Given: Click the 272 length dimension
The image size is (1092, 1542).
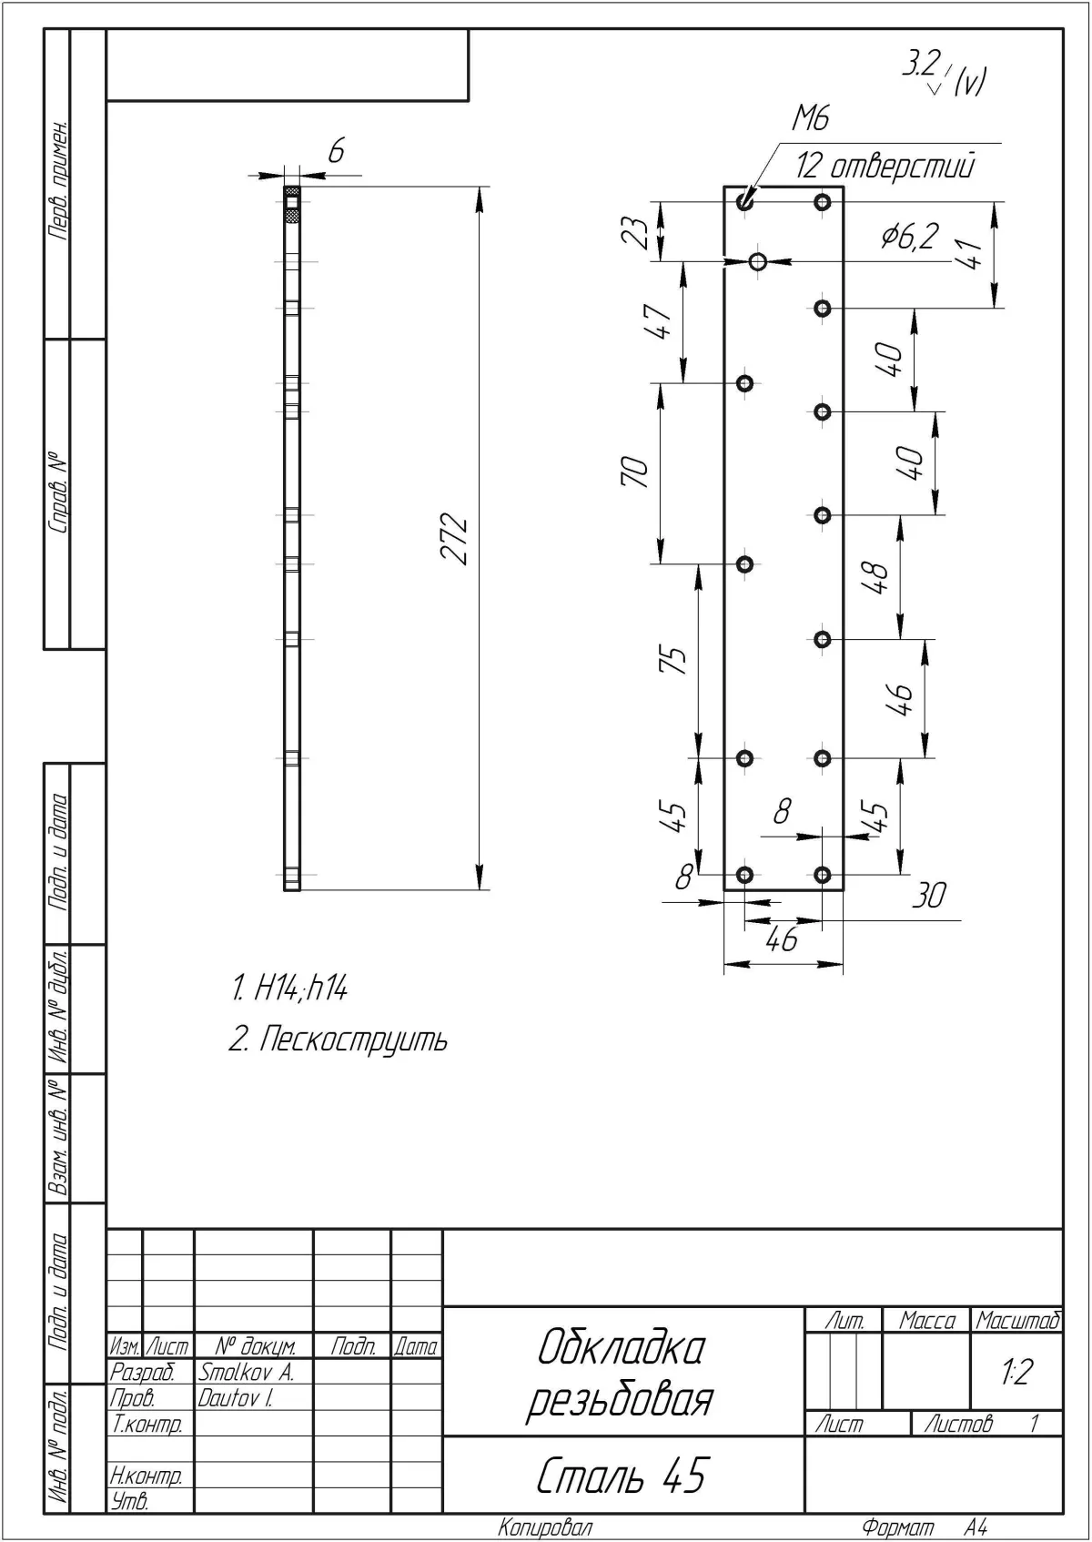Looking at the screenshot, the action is (455, 538).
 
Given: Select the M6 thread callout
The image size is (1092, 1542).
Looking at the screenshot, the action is (811, 118).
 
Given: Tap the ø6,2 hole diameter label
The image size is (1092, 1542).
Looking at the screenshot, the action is (910, 236).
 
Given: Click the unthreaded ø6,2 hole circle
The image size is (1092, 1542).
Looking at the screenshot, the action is (758, 261).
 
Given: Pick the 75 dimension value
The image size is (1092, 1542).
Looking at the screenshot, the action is (673, 659).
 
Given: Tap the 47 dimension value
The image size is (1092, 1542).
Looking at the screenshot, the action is (657, 321).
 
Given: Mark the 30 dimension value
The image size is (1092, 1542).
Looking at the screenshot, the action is (929, 895).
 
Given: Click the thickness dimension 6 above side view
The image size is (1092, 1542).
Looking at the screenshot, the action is (336, 151).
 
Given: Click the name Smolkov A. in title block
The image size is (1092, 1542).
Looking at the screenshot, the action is (247, 1373).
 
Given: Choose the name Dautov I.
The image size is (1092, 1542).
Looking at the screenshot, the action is (236, 1398).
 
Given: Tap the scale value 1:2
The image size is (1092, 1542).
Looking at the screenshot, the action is (1016, 1372).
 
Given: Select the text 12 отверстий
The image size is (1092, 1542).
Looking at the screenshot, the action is (885, 167).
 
